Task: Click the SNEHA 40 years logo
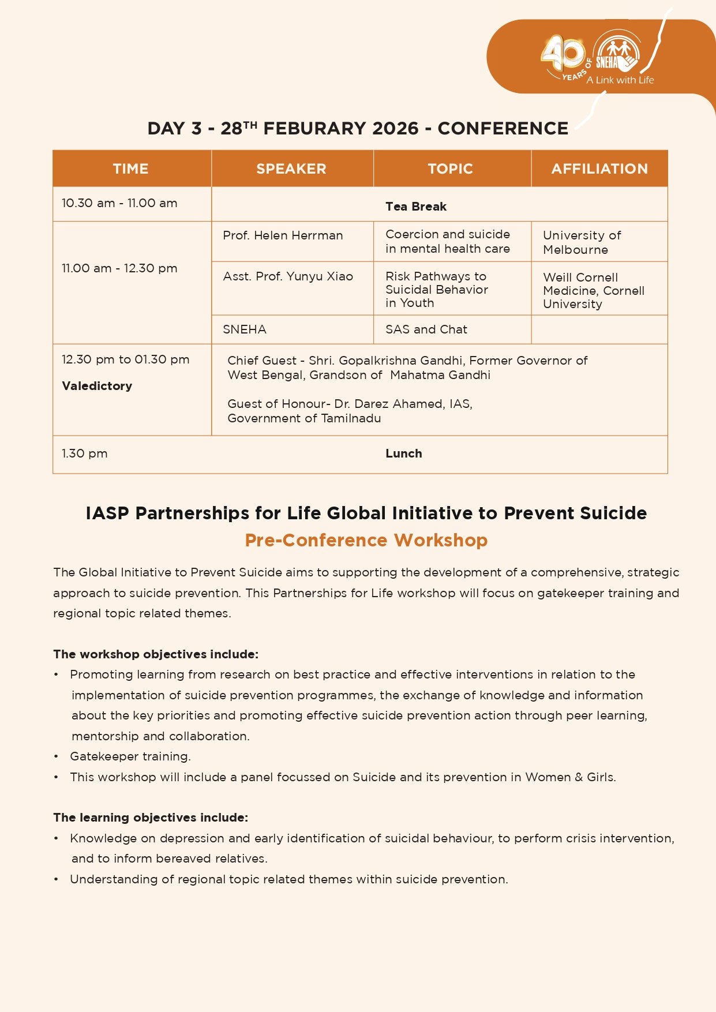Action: pyautogui.click(x=594, y=58)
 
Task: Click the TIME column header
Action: pyautogui.click(x=131, y=168)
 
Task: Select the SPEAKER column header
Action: pyautogui.click(x=291, y=168)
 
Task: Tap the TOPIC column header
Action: pyautogui.click(x=451, y=168)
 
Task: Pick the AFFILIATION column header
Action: pyautogui.click(x=599, y=168)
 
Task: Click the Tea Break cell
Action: pyautogui.click(x=416, y=207)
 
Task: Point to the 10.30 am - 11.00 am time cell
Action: pyautogui.click(x=119, y=203)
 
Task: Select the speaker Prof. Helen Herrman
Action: pyautogui.click(x=283, y=235)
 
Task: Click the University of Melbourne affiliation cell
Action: pyautogui.click(x=582, y=242)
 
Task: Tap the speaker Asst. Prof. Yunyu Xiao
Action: pyautogui.click(x=288, y=276)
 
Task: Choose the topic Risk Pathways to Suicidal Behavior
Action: pyautogui.click(x=436, y=289)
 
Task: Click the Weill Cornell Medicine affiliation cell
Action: pyautogui.click(x=593, y=290)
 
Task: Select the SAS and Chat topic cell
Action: pyautogui.click(x=426, y=329)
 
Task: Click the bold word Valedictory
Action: pyautogui.click(x=97, y=386)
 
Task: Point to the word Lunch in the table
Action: pyautogui.click(x=404, y=453)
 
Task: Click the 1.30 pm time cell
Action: pyautogui.click(x=85, y=453)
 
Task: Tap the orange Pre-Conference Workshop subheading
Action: pyautogui.click(x=366, y=540)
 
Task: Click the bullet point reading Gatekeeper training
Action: pyautogui.click(x=130, y=756)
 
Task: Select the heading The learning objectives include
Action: pyautogui.click(x=151, y=818)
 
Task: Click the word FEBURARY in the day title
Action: pyautogui.click(x=340, y=128)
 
